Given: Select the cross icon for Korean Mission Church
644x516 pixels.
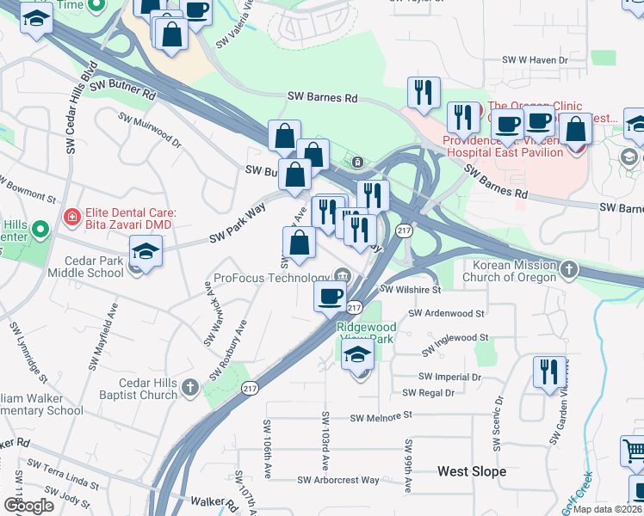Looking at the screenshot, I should point(568,271).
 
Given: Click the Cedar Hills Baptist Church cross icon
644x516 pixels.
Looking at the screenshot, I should point(192,389).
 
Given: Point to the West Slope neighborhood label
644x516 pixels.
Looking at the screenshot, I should point(471,471).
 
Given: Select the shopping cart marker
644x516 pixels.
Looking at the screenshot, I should point(633,449).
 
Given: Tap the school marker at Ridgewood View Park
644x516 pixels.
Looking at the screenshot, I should point(357,354).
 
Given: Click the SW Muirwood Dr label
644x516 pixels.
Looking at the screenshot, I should point(150,130).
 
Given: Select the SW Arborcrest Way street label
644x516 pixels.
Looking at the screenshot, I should point(338,480).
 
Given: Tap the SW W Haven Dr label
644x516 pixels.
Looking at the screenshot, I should point(536,60).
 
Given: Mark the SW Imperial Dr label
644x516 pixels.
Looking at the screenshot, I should point(449,377).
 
